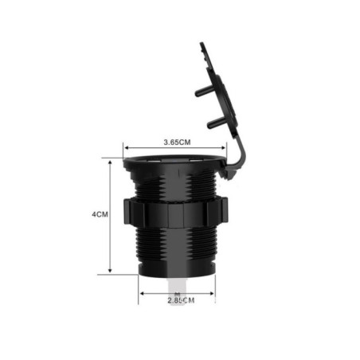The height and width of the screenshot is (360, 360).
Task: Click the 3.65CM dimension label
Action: pos(177,143)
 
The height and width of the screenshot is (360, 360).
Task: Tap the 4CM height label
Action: pos(100,214)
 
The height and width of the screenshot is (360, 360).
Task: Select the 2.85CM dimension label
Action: pos(181,300)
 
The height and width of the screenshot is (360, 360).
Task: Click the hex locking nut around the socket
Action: pos(175,213)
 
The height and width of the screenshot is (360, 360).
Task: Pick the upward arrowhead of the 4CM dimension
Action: pos(110,162)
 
